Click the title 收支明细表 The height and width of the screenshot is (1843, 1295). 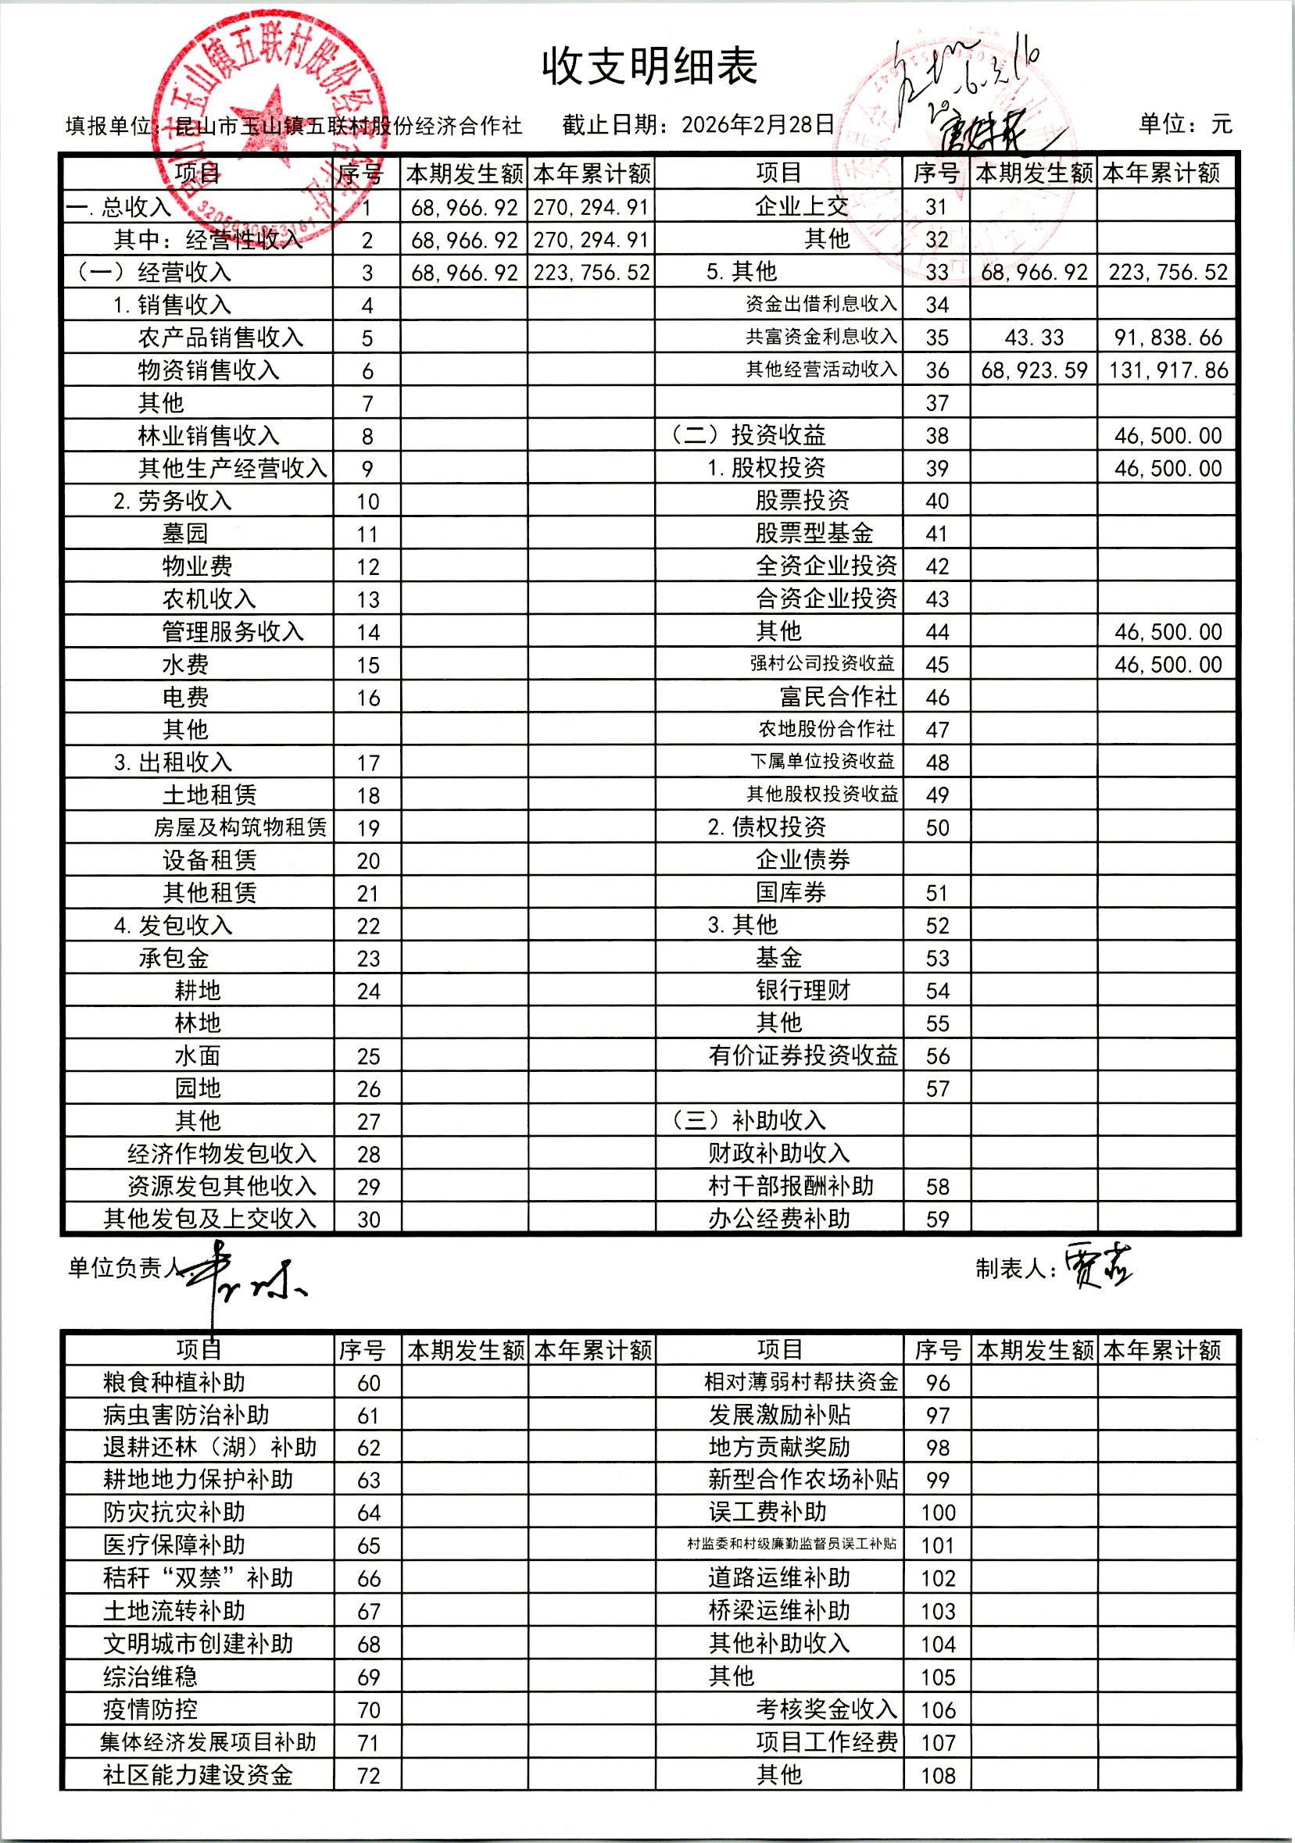point(649,66)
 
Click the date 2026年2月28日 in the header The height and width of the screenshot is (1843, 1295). point(758,124)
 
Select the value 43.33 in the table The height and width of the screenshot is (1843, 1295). point(1034,338)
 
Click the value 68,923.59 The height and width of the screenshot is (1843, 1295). point(1034,370)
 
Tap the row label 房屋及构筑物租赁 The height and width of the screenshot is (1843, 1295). point(240,827)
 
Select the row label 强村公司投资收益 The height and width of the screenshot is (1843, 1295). point(822,663)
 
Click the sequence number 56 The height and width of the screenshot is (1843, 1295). point(937,1055)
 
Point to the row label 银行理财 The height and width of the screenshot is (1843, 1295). point(802,990)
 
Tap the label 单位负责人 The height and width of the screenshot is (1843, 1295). point(125,1267)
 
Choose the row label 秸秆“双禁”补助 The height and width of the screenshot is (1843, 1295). point(198,1577)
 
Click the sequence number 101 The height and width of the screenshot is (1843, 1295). point(937,1545)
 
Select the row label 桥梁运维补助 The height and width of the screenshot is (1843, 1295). point(778,1610)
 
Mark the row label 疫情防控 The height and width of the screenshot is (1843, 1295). point(150,1709)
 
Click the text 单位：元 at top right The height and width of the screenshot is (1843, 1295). point(1184,123)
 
